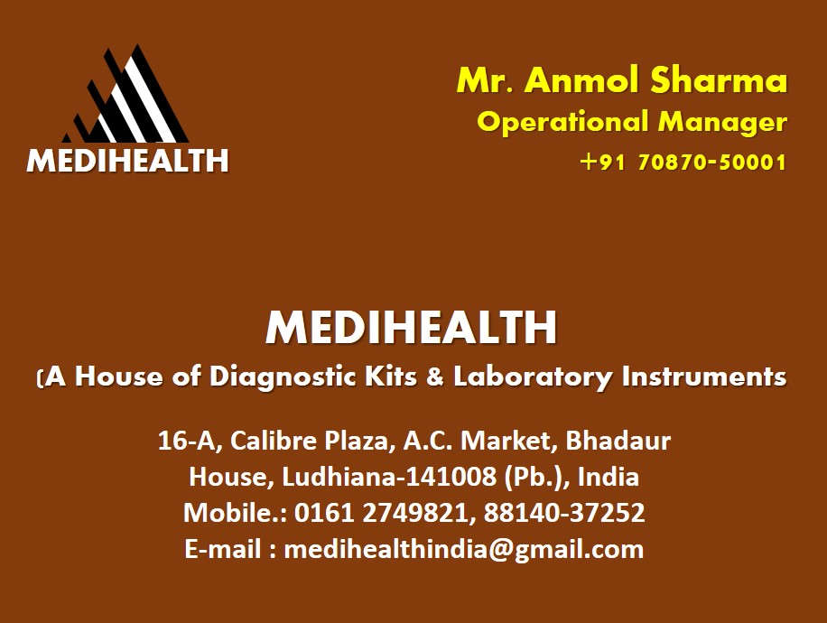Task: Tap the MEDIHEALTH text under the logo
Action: tap(127, 161)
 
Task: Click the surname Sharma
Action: tap(719, 80)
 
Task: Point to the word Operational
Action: tap(562, 123)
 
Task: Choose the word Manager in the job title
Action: tap(722, 123)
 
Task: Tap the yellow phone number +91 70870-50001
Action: tap(683, 162)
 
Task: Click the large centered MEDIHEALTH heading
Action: tap(412, 328)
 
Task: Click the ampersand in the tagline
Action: tap(435, 377)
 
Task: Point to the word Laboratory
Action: tap(534, 377)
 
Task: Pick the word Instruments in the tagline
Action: tap(704, 377)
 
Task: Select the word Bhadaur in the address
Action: tap(618, 441)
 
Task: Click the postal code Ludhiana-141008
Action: tap(389, 477)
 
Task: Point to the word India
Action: tap(609, 477)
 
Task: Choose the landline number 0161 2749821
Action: tap(381, 513)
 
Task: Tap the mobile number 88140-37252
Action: tap(564, 512)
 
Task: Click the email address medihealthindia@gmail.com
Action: tap(463, 550)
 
